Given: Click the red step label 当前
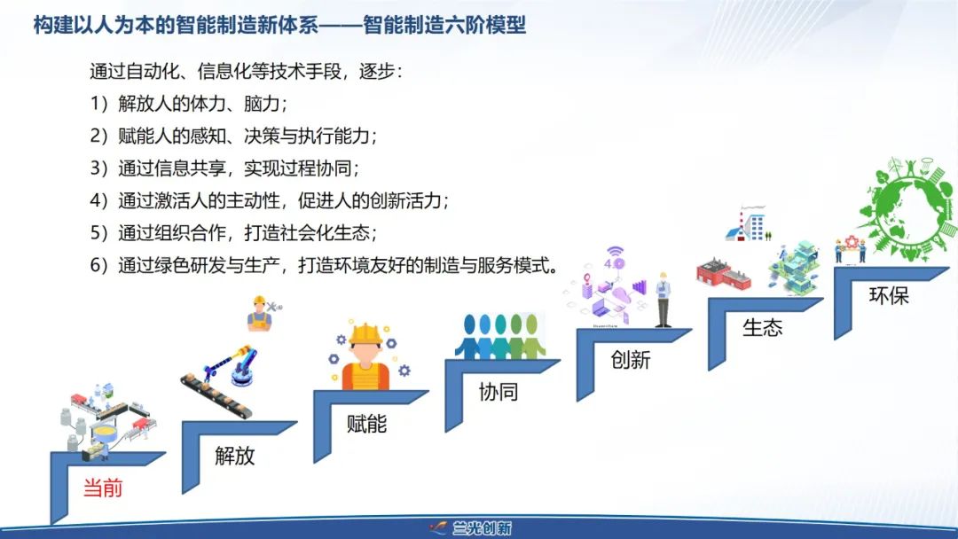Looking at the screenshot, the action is tap(103, 488).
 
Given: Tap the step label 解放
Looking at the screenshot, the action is tap(234, 456).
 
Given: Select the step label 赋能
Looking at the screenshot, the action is tap(366, 423).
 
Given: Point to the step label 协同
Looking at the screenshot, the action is tap(499, 391).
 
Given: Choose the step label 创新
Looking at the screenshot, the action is tap(631, 360).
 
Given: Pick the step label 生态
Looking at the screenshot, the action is tap(763, 328).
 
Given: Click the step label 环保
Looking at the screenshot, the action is tap(889, 295).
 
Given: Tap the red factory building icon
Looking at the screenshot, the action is tap(724, 274).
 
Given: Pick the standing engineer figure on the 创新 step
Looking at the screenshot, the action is tap(663, 300).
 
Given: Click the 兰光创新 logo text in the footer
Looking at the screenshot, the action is tap(482, 528).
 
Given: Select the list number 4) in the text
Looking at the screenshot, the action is tap(99, 200).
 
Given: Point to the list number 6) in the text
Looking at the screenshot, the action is tap(99, 265).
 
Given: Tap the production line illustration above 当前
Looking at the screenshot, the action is tap(108, 421).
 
